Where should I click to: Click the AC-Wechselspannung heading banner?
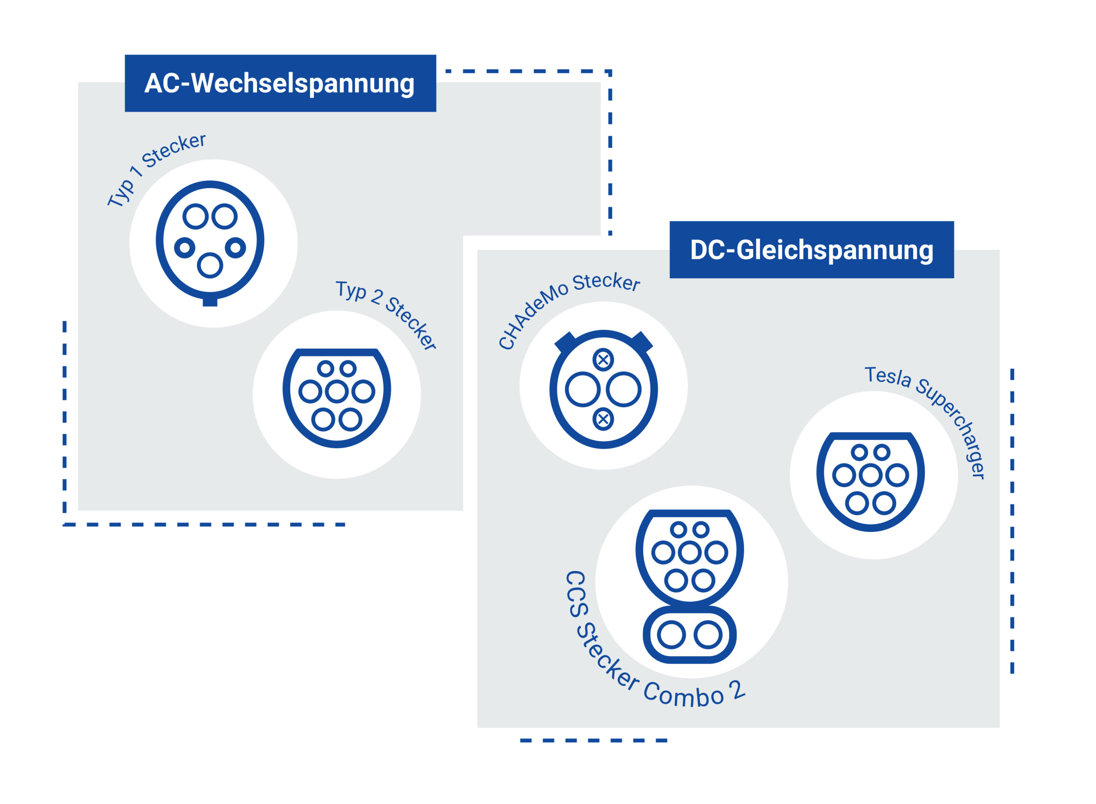(280, 83)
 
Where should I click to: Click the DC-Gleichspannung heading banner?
(811, 249)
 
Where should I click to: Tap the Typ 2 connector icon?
(337, 397)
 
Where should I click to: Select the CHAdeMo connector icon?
(603, 389)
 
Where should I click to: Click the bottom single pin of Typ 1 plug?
(210, 265)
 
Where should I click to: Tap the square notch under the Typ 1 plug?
(210, 302)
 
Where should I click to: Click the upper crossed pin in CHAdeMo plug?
(603, 360)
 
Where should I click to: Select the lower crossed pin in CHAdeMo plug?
(603, 419)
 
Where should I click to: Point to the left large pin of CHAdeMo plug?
(582, 389)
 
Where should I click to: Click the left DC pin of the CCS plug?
(671, 635)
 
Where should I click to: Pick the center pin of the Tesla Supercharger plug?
(870, 475)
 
